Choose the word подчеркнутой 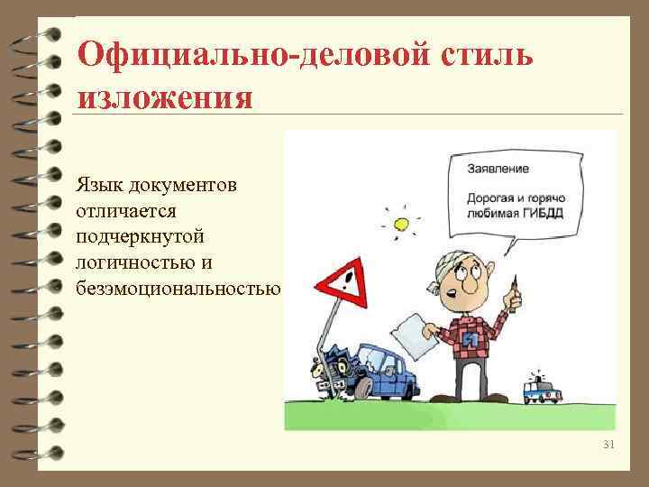[x=142, y=236]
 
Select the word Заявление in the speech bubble [x=498, y=169]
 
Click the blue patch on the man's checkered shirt [x=470, y=339]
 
